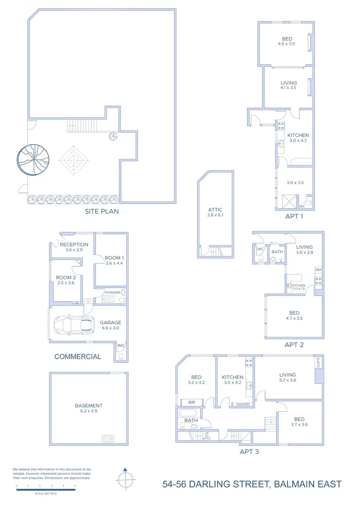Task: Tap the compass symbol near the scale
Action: pyautogui.click(x=125, y=480)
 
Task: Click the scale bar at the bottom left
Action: pyautogui.click(x=45, y=490)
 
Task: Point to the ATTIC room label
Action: pyautogui.click(x=215, y=210)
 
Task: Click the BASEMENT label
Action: pyautogui.click(x=89, y=405)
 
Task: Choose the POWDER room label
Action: pyautogui.click(x=112, y=292)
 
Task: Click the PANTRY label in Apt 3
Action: pyautogui.click(x=243, y=404)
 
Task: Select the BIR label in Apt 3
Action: pyautogui.click(x=191, y=402)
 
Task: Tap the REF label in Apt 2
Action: pyautogui.click(x=319, y=270)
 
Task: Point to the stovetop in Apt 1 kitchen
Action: pyautogui.click(x=280, y=126)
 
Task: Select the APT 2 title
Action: pyautogui.click(x=294, y=345)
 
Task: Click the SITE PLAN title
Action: pyautogui.click(x=102, y=211)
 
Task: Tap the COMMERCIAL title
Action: pyautogui.click(x=78, y=356)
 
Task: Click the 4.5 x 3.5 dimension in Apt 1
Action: pyautogui.click(x=286, y=44)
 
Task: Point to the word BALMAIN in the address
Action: pyautogui.click(x=288, y=484)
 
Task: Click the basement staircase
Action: pyautogui.click(x=108, y=439)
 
